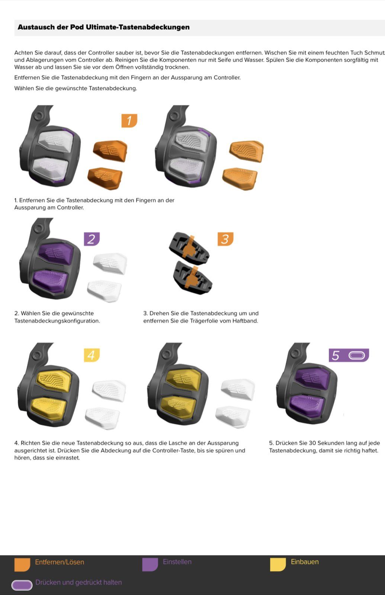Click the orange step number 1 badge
[x=129, y=120]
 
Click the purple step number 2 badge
[x=92, y=239]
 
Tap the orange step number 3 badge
[x=225, y=239]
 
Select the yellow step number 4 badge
[x=92, y=355]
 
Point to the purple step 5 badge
[x=349, y=355]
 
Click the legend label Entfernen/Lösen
[x=60, y=562]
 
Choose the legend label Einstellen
[x=177, y=562]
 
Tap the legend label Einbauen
[x=305, y=562]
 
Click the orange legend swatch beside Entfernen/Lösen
[x=22, y=565]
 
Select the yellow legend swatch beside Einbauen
[x=278, y=565]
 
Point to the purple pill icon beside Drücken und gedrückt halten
[x=22, y=585]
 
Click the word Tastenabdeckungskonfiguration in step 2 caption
[x=57, y=321]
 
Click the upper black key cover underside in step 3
[x=189, y=248]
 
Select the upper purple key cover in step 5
[x=312, y=379]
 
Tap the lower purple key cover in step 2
[x=50, y=281]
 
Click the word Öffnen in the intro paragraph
[x=124, y=67]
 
